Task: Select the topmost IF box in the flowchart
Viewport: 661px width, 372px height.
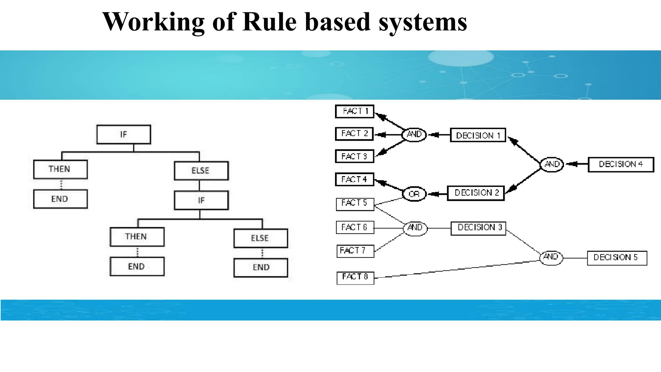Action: pyautogui.click(x=124, y=135)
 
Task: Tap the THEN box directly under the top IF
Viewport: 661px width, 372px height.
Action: pyautogui.click(x=60, y=169)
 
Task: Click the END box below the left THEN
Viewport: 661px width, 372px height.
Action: pyautogui.click(x=60, y=199)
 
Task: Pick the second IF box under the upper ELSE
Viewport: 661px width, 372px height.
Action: pyautogui.click(x=201, y=200)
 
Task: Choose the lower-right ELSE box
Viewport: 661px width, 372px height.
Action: pyautogui.click(x=260, y=238)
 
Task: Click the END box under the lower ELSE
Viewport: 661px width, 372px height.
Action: pyautogui.click(x=260, y=267)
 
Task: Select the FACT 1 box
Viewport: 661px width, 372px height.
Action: pyautogui.click(x=355, y=111)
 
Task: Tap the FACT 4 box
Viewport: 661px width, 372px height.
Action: pyautogui.click(x=354, y=179)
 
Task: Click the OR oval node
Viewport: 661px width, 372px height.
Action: pyautogui.click(x=414, y=194)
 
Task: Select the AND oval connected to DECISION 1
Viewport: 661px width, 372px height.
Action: pyautogui.click(x=414, y=134)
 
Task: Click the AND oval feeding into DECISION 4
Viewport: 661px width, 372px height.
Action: pyautogui.click(x=552, y=164)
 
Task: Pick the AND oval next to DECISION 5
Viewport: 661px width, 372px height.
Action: pyautogui.click(x=551, y=257)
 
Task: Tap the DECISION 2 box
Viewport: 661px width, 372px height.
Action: pyautogui.click(x=476, y=193)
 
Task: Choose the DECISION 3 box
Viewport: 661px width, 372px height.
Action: pyautogui.click(x=478, y=228)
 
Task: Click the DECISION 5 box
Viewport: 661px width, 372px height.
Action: pyautogui.click(x=617, y=258)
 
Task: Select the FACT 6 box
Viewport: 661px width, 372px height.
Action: pyautogui.click(x=355, y=227)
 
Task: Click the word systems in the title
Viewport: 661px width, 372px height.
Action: pyautogui.click(x=423, y=22)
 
